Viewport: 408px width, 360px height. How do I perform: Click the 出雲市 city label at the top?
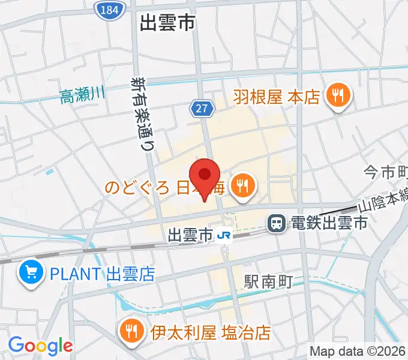pyautogui.click(x=167, y=23)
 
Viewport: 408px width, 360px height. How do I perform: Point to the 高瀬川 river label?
pyautogui.click(x=82, y=94)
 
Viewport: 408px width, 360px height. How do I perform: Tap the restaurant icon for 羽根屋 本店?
pyautogui.click(x=338, y=95)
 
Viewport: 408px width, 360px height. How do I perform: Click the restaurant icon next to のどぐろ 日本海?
pyautogui.click(x=243, y=186)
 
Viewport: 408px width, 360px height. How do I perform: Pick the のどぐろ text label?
pyautogui.click(x=138, y=188)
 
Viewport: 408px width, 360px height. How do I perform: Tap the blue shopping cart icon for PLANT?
pyautogui.click(x=29, y=274)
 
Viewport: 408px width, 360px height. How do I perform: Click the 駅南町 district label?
pyautogui.click(x=268, y=280)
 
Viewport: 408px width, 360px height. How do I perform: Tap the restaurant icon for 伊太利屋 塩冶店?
pyautogui.click(x=131, y=331)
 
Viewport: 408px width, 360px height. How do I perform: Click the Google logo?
pyautogui.click(x=40, y=346)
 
